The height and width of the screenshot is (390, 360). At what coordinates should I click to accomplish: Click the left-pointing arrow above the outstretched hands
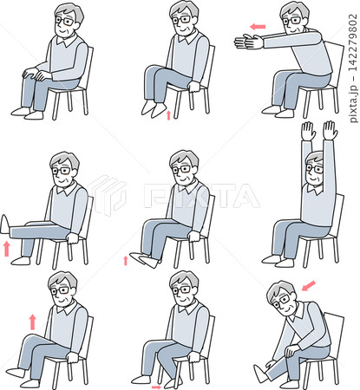(x=258, y=27)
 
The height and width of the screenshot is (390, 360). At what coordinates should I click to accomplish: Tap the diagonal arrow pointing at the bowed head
(x=309, y=286)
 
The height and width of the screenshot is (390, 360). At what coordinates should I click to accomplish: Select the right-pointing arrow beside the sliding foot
(x=156, y=387)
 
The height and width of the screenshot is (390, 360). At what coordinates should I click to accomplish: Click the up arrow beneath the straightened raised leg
(x=7, y=249)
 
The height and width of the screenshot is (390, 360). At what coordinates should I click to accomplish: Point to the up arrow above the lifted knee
(x=33, y=322)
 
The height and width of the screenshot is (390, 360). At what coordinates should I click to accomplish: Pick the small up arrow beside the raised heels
(x=168, y=115)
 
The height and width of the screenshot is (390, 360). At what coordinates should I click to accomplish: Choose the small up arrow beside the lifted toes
(x=126, y=260)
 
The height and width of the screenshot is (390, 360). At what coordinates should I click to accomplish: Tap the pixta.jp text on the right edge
(x=353, y=104)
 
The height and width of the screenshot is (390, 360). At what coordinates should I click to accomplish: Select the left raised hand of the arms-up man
(x=308, y=131)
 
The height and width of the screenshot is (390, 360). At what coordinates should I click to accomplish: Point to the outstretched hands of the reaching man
(x=249, y=42)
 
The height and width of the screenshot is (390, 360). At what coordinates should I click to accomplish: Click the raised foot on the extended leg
(x=4, y=224)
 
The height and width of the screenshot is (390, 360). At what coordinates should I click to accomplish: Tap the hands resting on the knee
(x=36, y=75)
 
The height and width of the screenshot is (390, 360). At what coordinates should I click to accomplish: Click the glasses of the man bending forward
(x=285, y=300)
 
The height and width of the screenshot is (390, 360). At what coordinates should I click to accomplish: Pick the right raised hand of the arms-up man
(x=331, y=130)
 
